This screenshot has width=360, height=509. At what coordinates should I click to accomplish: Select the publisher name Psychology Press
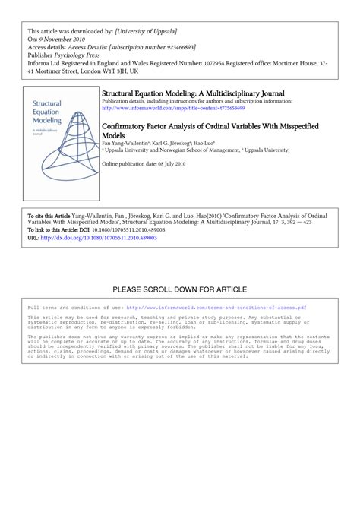tap(84, 55)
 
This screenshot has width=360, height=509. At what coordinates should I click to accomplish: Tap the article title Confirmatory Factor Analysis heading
tap(209, 128)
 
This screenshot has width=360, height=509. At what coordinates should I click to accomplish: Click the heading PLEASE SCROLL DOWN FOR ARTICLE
tap(180, 289)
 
